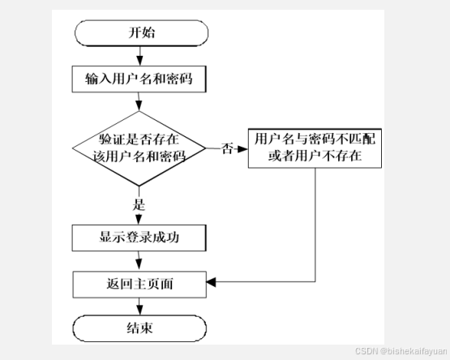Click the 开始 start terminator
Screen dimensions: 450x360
[x=141, y=33]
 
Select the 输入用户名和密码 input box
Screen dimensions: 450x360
[x=139, y=79]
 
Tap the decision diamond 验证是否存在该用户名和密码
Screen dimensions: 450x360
[x=139, y=148]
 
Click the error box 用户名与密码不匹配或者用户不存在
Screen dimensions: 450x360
[x=315, y=148]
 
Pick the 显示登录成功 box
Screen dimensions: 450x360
[x=139, y=238]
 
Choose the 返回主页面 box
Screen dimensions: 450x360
[x=139, y=285]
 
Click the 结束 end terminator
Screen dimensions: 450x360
[x=139, y=328]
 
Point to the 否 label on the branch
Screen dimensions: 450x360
[x=227, y=148]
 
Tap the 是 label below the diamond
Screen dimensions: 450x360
[x=139, y=204]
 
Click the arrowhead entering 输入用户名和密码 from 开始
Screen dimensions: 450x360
[x=139, y=61]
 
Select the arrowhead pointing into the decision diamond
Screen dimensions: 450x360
[x=139, y=106]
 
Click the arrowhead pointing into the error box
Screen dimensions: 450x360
[x=242, y=148]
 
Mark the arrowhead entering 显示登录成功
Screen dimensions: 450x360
[x=139, y=220]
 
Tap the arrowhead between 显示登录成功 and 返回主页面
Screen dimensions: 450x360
[x=139, y=264]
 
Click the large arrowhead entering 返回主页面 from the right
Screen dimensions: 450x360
[x=211, y=282]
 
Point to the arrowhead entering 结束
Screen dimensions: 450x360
[x=139, y=311]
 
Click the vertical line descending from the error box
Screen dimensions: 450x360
[x=315, y=225]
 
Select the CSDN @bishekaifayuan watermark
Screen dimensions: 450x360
[x=401, y=351]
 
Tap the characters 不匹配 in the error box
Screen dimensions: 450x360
[x=356, y=139]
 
